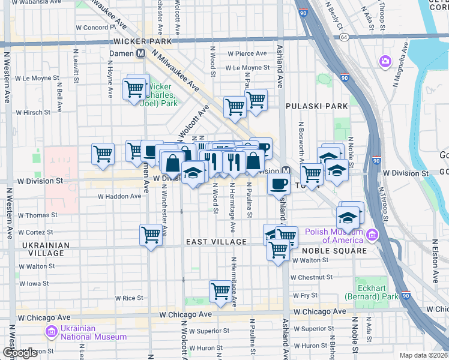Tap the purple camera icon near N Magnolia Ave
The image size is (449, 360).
pos(385,61)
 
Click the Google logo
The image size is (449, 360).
pos(20,353)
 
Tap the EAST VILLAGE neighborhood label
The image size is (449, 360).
pos(216,242)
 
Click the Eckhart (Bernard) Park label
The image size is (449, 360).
pos(371,292)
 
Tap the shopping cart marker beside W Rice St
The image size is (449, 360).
pos(221,291)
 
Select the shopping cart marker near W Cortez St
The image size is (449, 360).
pos(151,235)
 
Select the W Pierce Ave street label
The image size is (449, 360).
pos(242,54)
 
